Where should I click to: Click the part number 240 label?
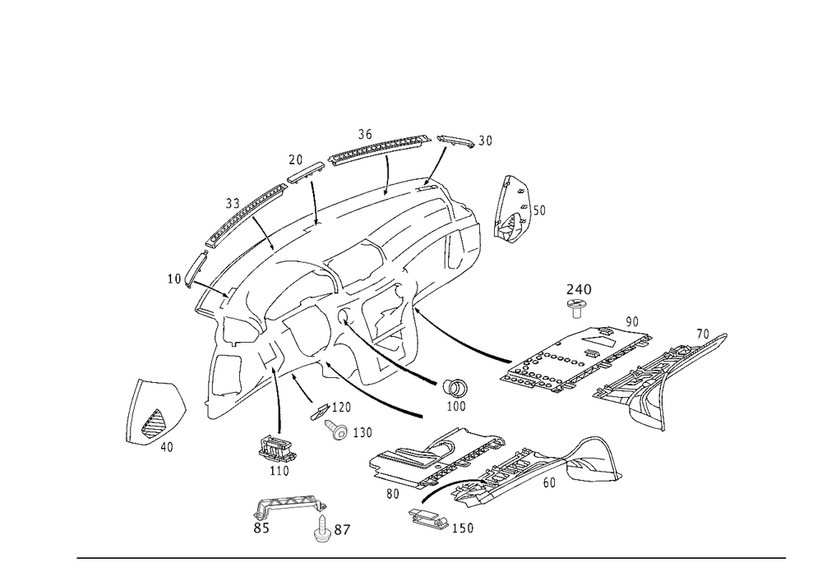point(579,289)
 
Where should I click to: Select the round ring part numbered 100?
point(455,388)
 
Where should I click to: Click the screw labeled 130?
point(337,428)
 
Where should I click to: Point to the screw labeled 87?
point(321,528)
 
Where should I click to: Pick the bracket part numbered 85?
point(290,505)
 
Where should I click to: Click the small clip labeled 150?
point(428,519)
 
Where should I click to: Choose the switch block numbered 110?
point(276,447)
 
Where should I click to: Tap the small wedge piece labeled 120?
point(320,410)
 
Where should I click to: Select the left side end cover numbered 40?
point(155,412)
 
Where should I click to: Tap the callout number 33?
point(233,203)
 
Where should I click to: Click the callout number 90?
point(632,321)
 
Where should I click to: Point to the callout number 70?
point(703,334)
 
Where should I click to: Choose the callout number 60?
point(549,482)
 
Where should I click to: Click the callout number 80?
point(393,494)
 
